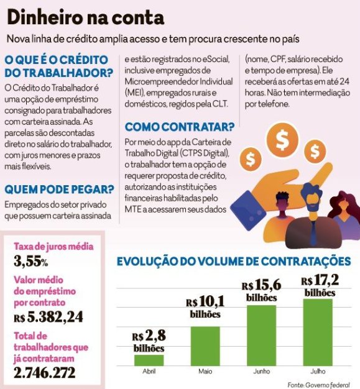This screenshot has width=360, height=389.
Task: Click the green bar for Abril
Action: tap(149, 360)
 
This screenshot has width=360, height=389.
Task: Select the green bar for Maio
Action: tap(205, 346)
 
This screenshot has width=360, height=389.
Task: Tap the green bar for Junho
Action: tap(261, 336)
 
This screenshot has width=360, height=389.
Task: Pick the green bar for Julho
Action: tap(318, 332)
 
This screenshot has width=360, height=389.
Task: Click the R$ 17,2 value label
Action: tap(320, 286)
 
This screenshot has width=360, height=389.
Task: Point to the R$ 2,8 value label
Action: tap(149, 341)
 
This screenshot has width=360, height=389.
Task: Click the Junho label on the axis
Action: tap(261, 372)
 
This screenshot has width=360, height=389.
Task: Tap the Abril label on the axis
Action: tap(149, 372)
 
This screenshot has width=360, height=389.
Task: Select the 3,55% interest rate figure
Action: tap(31, 261)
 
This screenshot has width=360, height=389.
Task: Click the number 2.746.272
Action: tap(44, 373)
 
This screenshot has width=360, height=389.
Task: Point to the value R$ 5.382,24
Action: tap(48, 317)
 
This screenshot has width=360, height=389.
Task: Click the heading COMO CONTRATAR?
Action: tap(180, 127)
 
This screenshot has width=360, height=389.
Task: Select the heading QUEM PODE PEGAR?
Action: tap(59, 190)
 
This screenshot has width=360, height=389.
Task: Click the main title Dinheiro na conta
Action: tap(86, 17)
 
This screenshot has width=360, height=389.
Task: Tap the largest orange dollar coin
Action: tap(282, 140)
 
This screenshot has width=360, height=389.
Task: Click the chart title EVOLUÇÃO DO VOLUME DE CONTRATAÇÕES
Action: tap(234, 262)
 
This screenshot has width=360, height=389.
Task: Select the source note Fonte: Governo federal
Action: tap(318, 385)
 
